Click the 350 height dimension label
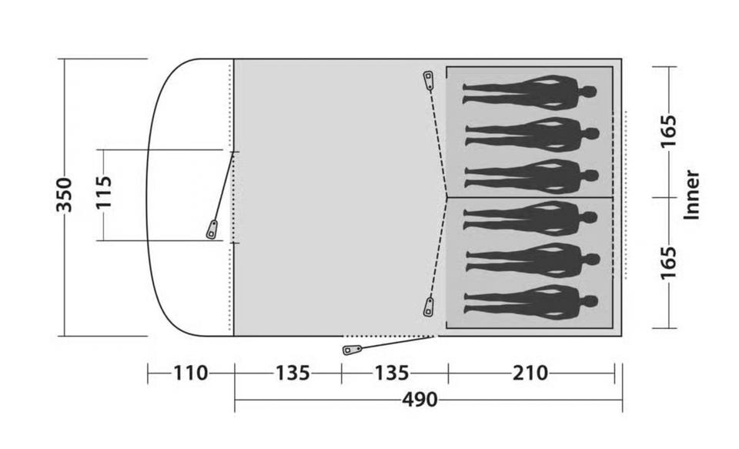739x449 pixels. (64, 195)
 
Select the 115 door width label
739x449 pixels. (104, 192)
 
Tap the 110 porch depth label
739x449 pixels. (190, 373)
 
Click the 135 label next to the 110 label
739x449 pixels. (293, 373)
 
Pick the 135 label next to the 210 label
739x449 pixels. (391, 373)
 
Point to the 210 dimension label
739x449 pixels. (530, 373)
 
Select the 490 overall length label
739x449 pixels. (420, 400)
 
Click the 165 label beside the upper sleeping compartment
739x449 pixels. (668, 131)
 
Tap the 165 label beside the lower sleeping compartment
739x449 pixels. (668, 262)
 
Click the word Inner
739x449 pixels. (691, 194)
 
